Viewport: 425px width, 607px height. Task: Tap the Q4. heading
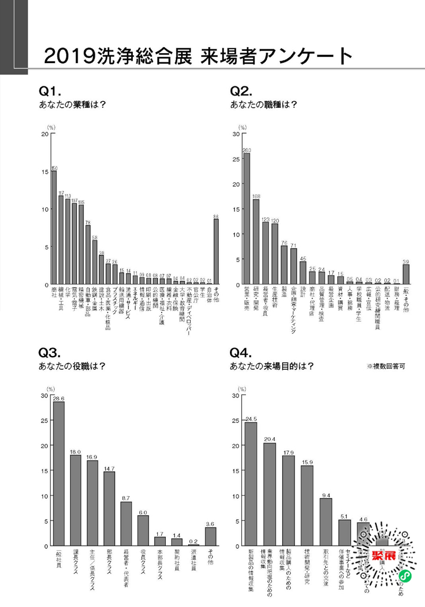click(x=241, y=352)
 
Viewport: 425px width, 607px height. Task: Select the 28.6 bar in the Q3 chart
click(x=59, y=474)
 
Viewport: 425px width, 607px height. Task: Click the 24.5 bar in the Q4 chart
click(x=251, y=484)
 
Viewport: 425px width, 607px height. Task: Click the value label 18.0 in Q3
click(x=75, y=452)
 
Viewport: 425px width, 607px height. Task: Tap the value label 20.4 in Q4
click(x=270, y=439)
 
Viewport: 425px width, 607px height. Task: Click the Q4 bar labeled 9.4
click(x=326, y=522)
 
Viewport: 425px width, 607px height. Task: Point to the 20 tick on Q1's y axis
click(x=45, y=134)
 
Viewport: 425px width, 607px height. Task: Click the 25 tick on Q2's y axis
click(x=236, y=159)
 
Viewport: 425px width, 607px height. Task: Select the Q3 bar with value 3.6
click(x=210, y=536)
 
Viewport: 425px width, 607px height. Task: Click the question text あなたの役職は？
click(x=72, y=366)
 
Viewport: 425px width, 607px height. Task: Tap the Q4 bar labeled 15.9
click(x=307, y=506)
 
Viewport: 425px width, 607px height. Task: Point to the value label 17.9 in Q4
click(x=288, y=452)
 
